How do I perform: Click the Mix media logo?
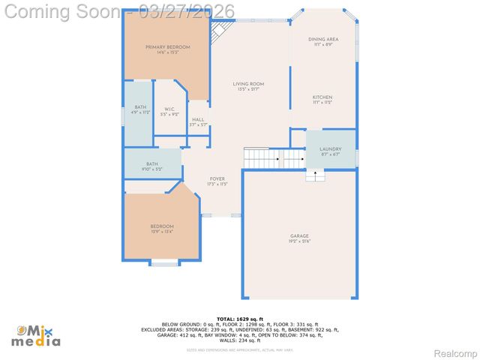coord(37,335)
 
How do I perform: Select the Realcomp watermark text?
coord(455,352)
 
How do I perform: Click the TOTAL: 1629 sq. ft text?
coord(240,319)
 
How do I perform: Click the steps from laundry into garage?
coord(315,175)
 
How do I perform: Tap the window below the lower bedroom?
coord(164,262)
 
